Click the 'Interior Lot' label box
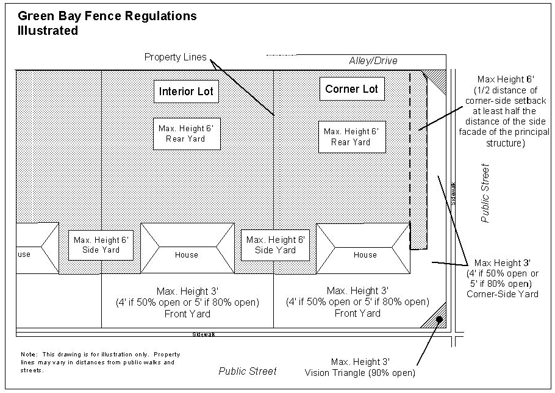pyautogui.click(x=186, y=92)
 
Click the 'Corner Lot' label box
pyautogui.click(x=351, y=89)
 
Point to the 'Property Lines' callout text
pyautogui.click(x=175, y=57)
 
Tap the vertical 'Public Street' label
pyautogui.click(x=485, y=193)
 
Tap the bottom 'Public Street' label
pyautogui.click(x=248, y=371)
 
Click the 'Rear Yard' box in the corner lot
pyautogui.click(x=351, y=136)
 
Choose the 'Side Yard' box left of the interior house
pyautogui.click(x=101, y=245)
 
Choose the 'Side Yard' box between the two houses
pyautogui.click(x=275, y=245)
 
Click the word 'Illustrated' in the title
pyautogui.click(x=48, y=31)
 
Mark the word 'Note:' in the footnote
pyautogui.click(x=29, y=355)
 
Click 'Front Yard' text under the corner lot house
pyautogui.click(x=359, y=314)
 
